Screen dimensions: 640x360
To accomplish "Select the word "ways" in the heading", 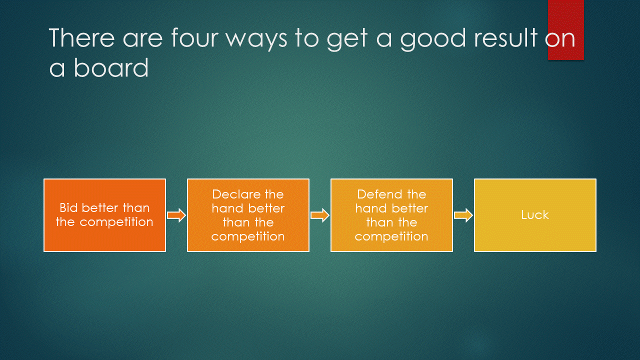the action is (x=256, y=41).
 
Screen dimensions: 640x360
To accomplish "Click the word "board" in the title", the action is (x=111, y=67).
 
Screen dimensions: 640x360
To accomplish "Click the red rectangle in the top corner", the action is (x=565, y=30).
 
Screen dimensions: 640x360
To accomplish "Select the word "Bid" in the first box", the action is (x=68, y=207).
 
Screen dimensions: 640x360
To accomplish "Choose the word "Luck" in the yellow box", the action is (x=535, y=215).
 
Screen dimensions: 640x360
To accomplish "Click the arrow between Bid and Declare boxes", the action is (x=176, y=215).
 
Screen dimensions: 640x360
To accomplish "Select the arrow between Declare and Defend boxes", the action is (x=320, y=215).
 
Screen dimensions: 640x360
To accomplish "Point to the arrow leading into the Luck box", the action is (x=463, y=215).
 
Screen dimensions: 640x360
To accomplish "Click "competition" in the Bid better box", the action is (x=116, y=222).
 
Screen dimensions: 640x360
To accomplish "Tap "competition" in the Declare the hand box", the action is (x=248, y=237).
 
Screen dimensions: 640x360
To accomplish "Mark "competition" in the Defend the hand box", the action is (x=391, y=237).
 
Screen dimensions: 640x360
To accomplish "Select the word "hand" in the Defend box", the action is (x=367, y=208).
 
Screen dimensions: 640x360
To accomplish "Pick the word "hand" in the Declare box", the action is (x=224, y=208).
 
